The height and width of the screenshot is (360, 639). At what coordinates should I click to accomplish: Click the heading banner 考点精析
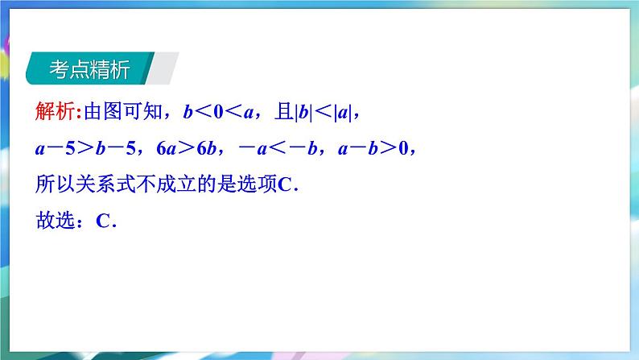coord(90,68)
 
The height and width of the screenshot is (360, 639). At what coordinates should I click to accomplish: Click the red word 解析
coord(55,111)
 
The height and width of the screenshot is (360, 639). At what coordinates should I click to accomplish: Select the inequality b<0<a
coord(218,112)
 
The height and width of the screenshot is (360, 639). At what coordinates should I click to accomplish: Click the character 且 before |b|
coord(284,111)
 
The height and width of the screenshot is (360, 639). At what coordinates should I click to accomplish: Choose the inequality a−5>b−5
coord(85,148)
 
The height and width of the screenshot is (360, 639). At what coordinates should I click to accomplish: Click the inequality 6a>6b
coord(186,148)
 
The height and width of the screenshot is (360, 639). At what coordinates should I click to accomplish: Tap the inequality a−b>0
coord(373,148)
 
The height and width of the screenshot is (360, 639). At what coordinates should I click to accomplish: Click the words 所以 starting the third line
coord(55,184)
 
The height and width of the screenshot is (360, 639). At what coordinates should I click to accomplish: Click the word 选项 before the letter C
coord(257,184)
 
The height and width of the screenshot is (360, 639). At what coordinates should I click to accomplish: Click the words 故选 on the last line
coord(55,221)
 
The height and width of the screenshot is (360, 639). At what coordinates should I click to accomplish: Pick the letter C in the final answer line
coord(103,221)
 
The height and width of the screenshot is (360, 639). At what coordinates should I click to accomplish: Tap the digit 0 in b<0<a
coord(218,112)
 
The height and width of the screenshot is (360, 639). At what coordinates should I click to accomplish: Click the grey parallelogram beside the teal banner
coord(163,68)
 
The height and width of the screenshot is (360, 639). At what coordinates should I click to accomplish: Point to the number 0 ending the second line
coord(403,148)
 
